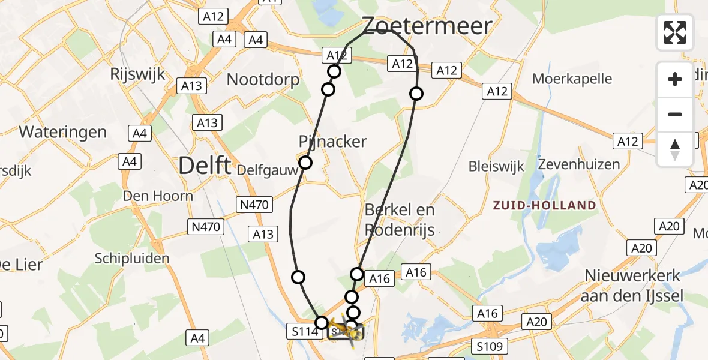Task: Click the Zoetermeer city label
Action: (x=428, y=26)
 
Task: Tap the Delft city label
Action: (x=205, y=166)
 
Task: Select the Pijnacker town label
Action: (x=332, y=142)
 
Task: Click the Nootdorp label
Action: (x=262, y=79)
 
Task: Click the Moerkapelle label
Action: (x=572, y=79)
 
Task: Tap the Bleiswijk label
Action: (x=496, y=166)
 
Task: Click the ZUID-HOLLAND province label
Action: (x=545, y=205)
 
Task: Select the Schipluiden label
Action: (x=132, y=258)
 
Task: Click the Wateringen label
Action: (x=63, y=132)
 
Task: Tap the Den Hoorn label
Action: (x=158, y=196)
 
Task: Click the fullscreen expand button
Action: (x=675, y=32)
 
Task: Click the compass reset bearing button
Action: (x=675, y=149)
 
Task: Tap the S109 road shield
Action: (x=490, y=346)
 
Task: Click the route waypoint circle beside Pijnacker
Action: (x=305, y=163)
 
